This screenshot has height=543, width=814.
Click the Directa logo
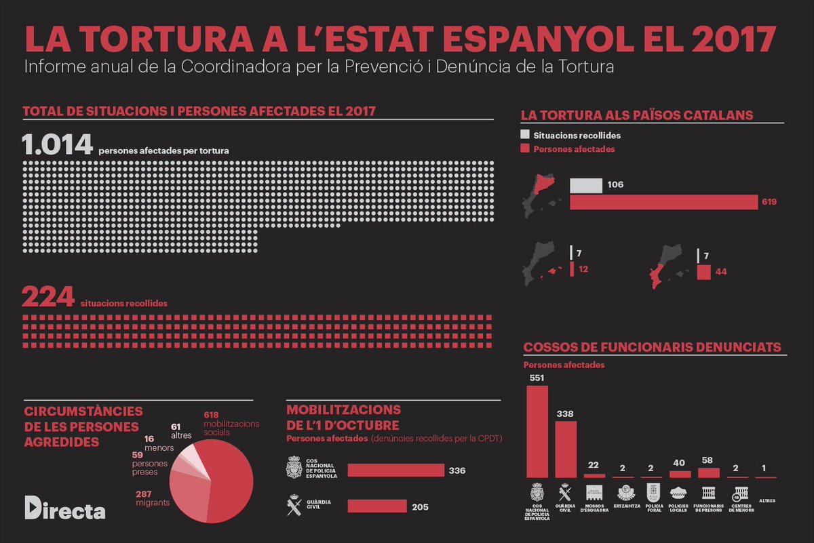click(x=64, y=508)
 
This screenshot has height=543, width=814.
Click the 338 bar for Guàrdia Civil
click(x=566, y=449)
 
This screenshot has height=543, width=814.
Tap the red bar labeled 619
click(x=663, y=202)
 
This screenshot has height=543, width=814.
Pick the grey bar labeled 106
click(x=585, y=185)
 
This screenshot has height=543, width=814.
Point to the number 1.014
click(x=57, y=145)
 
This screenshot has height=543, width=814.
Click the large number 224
click(x=47, y=298)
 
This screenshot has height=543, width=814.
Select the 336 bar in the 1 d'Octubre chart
click(x=395, y=470)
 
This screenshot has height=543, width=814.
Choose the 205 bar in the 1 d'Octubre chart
click(x=377, y=506)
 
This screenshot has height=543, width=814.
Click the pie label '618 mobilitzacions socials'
click(x=231, y=423)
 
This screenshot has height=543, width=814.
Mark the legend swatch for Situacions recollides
click(x=524, y=135)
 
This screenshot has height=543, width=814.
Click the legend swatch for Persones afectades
click(x=524, y=148)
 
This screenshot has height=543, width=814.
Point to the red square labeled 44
click(x=703, y=272)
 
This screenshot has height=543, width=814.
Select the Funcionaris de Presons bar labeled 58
click(x=708, y=472)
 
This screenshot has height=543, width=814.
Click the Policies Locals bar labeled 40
click(x=680, y=474)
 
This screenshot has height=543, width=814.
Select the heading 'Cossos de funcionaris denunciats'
click(x=652, y=347)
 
